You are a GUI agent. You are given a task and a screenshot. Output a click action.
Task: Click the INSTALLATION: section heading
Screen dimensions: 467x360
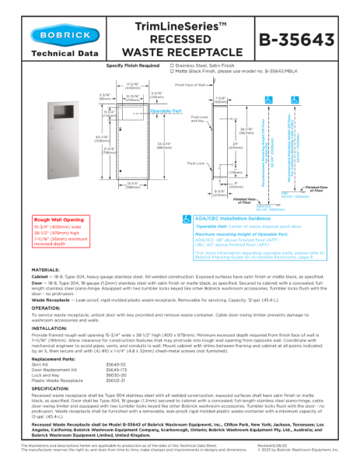[48, 328]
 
